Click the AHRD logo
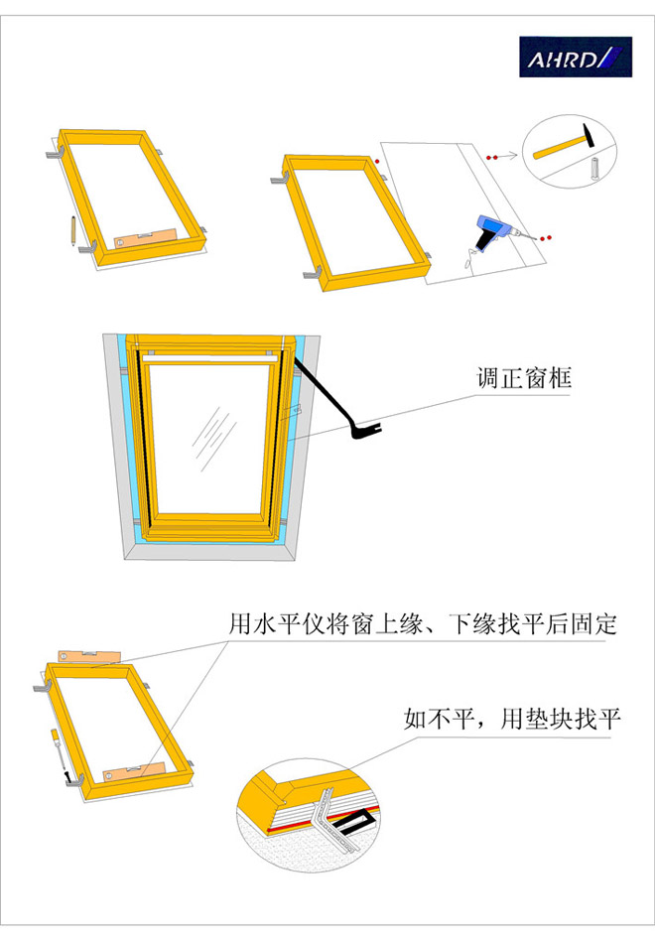[x=576, y=57]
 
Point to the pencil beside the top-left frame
[x=71, y=231]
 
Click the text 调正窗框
[x=524, y=378]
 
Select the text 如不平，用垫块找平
[x=512, y=719]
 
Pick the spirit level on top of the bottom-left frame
[x=89, y=656]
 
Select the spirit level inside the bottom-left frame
[x=134, y=770]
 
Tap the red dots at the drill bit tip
[x=545, y=238]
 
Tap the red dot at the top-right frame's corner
[x=377, y=162]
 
